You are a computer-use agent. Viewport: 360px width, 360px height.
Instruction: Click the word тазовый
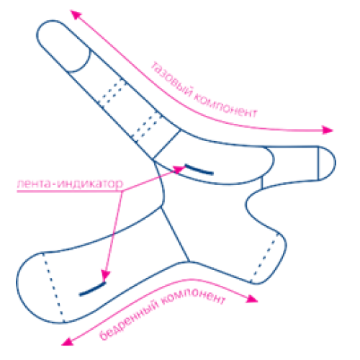(x=171, y=79)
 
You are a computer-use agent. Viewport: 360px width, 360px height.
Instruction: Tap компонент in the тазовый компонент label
(x=225, y=107)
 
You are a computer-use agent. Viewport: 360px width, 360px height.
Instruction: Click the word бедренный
(x=130, y=321)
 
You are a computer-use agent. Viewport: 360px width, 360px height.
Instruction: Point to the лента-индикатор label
(x=70, y=184)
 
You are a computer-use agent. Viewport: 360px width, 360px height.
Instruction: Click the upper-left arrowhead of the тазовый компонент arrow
(x=76, y=15)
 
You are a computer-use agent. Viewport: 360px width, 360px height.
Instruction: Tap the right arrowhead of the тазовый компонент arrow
(x=328, y=130)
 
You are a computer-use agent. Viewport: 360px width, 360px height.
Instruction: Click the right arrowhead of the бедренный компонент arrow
(x=252, y=299)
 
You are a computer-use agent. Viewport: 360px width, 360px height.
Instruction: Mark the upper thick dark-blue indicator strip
(x=199, y=169)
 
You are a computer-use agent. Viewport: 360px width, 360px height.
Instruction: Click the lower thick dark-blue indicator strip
(x=92, y=289)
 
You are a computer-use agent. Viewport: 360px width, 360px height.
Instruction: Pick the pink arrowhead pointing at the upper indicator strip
(x=179, y=169)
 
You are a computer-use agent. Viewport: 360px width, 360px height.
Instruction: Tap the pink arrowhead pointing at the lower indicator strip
(x=105, y=276)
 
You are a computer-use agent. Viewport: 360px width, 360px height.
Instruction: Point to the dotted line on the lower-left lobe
(x=53, y=287)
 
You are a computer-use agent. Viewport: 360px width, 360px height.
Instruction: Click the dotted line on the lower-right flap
(x=264, y=257)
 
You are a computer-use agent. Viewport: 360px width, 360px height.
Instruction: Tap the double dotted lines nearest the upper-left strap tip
(x=112, y=93)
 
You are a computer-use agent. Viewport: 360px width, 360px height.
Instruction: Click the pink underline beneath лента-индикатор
(x=70, y=192)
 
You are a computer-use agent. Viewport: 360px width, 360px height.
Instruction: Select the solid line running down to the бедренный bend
(x=175, y=234)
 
